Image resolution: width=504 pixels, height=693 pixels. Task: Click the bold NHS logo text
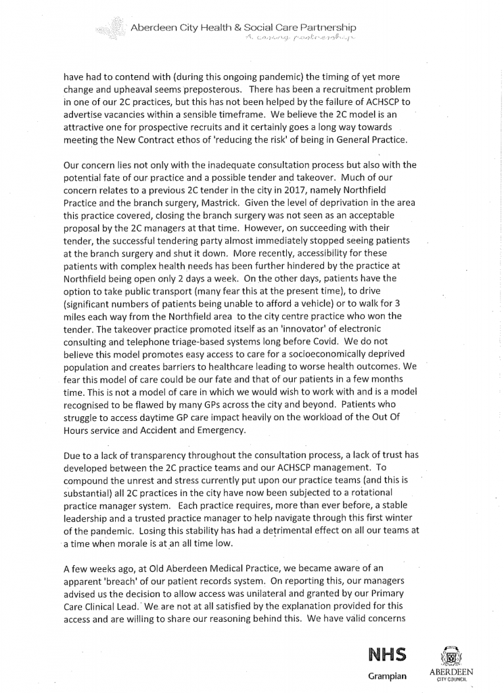point(386,654)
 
